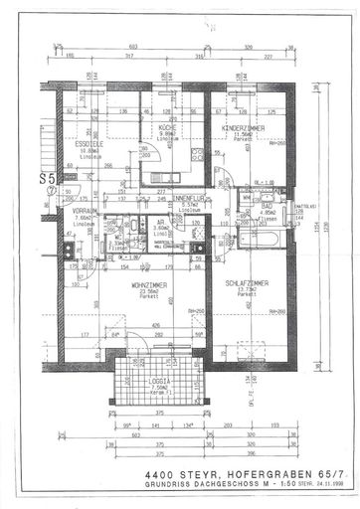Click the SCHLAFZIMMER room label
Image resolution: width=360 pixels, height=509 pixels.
point(242,280)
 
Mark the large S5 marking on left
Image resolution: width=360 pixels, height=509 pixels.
point(45,179)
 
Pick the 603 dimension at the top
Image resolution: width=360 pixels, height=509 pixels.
point(134,47)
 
